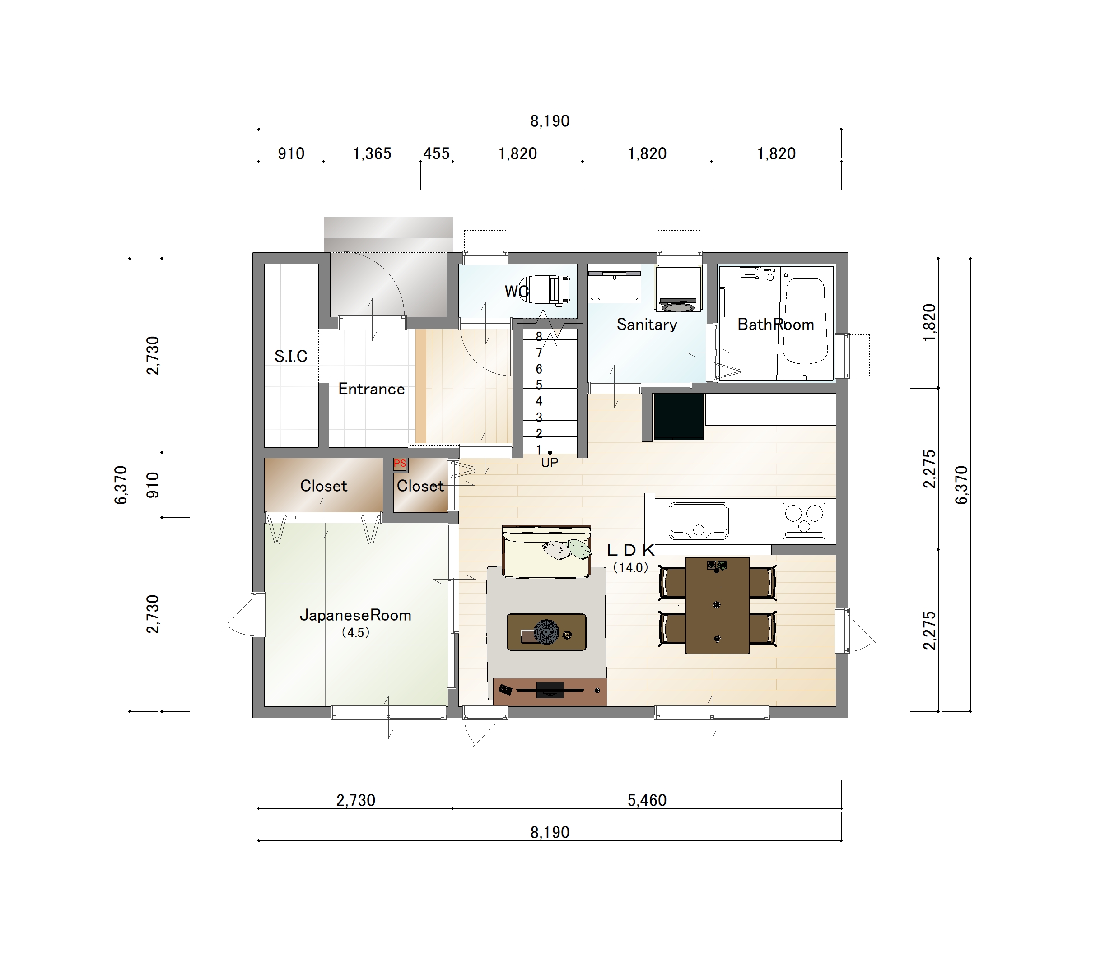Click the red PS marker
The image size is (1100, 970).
pyautogui.click(x=400, y=464)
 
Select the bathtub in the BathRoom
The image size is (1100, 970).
pyautogui.click(x=805, y=321)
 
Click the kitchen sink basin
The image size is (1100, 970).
pyautogui.click(x=699, y=521)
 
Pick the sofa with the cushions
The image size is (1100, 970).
pyautogui.click(x=546, y=552)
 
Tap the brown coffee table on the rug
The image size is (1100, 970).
pyautogui.click(x=546, y=632)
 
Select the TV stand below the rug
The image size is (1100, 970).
pyautogui.click(x=550, y=692)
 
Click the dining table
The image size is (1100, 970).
pyautogui.click(x=717, y=605)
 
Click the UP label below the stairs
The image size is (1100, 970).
pyautogui.click(x=550, y=463)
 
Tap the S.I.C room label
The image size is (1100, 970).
pyautogui.click(x=291, y=356)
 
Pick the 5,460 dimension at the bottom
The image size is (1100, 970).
pyautogui.click(x=647, y=801)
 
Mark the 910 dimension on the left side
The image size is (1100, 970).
pyautogui.click(x=154, y=485)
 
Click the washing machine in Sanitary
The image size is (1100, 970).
pyautogui.click(x=678, y=289)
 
